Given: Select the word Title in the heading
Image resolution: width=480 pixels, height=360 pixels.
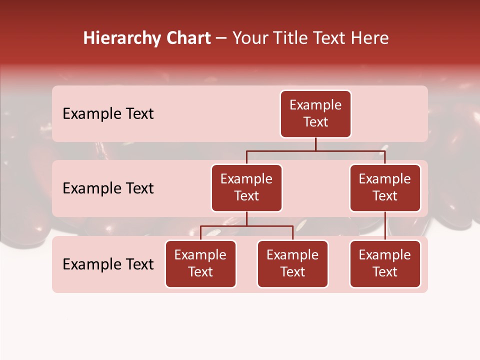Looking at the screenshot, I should [x=285, y=38].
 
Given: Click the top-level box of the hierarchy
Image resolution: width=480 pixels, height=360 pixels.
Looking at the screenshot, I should [x=315, y=113].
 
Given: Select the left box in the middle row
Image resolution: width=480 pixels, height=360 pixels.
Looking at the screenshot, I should [x=246, y=187].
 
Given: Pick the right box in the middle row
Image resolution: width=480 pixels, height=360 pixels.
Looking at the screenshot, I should [x=385, y=187].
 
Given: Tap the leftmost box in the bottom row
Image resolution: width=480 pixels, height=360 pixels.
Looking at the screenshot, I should [x=200, y=263].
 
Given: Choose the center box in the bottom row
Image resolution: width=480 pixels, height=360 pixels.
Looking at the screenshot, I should [x=292, y=263].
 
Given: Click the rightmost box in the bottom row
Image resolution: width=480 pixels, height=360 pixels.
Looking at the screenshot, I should [x=385, y=263].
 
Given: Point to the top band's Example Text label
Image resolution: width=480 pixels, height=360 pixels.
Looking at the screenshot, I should [x=108, y=113].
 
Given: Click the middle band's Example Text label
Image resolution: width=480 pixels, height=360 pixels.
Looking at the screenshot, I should [x=108, y=188].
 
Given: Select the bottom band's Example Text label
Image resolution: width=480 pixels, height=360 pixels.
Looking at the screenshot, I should [x=108, y=264].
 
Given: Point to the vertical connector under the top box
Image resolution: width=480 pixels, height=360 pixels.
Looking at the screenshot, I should [x=315, y=144].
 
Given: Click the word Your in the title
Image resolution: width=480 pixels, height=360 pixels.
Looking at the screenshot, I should [x=249, y=38].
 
